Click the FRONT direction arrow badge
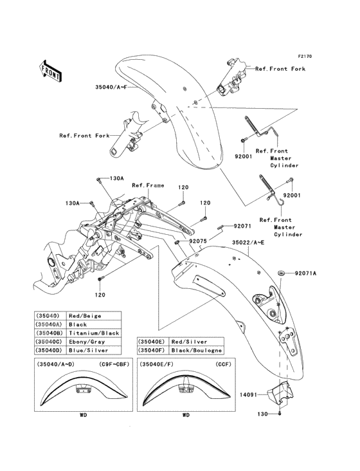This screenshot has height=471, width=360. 51,71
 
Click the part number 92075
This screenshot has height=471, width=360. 198,241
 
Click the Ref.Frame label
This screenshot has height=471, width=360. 148,185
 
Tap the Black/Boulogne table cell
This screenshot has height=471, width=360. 197,350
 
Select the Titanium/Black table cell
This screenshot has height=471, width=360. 93,333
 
